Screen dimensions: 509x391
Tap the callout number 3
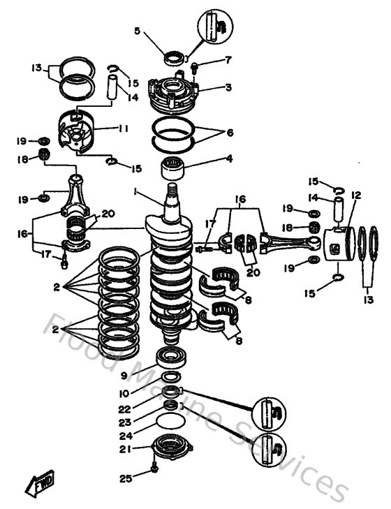click(x=228, y=87)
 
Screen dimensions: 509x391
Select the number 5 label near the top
click(x=137, y=31)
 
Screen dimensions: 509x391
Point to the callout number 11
click(x=124, y=129)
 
